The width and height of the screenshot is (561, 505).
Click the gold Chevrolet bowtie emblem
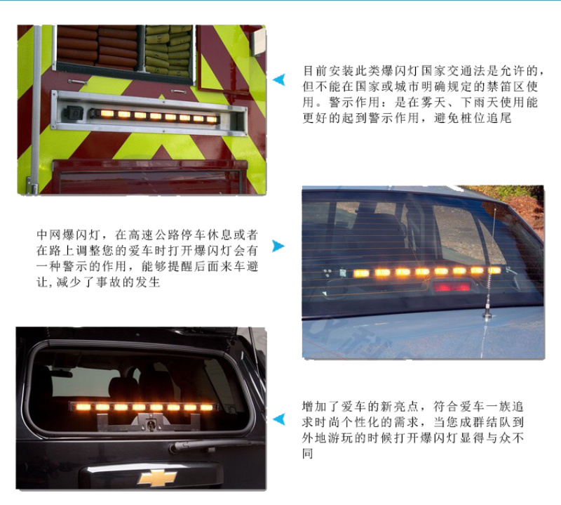click(x=156, y=478)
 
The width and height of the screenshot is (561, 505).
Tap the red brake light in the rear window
click(x=452, y=287)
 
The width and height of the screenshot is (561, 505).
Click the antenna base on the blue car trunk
click(x=487, y=314)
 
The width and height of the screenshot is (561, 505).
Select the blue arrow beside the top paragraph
click(x=278, y=79)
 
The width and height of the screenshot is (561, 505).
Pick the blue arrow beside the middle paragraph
click(x=278, y=246)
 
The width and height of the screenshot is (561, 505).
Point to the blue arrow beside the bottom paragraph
click(x=278, y=419)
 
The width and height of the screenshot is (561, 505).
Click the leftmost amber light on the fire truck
click(x=107, y=114)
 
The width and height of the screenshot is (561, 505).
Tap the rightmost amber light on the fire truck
click(x=212, y=119)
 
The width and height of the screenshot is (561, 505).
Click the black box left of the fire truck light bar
click(x=74, y=113)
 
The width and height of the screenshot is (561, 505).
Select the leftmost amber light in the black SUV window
click(x=83, y=407)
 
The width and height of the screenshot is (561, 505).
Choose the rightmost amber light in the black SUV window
click(x=206, y=407)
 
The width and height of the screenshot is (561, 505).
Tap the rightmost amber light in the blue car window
click(x=494, y=270)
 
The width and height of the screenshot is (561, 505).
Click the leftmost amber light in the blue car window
click(x=361, y=274)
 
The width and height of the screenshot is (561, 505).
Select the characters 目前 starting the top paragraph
click(x=316, y=71)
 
